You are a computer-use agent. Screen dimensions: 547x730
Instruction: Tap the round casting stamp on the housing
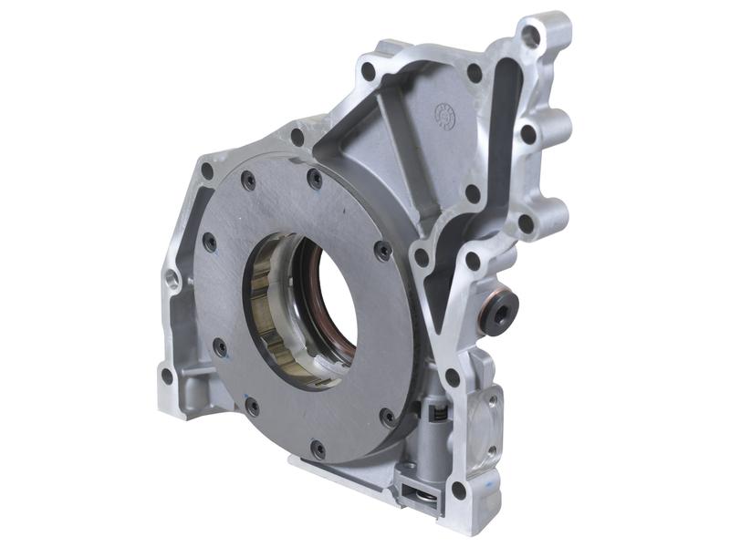[x=444, y=115]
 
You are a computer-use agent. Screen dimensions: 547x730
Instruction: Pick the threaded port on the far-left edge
[x=172, y=277]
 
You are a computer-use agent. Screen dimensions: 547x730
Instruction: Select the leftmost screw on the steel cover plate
[x=209, y=242]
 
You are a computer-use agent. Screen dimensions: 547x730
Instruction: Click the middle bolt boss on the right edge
[x=528, y=134]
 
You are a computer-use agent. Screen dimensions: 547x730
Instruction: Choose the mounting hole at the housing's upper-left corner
[x=207, y=170]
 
